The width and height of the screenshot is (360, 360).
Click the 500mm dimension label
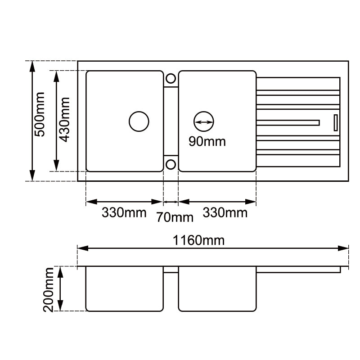tap(40, 121)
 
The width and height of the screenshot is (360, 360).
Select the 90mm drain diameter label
tap(207, 141)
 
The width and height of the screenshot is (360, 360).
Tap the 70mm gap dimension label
tap(175, 218)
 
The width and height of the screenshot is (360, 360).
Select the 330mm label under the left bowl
tap(124, 212)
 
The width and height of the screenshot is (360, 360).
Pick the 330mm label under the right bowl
tap(225, 212)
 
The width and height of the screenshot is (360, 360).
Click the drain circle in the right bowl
tap(203, 121)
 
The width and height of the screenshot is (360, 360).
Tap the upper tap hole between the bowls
tap(171, 78)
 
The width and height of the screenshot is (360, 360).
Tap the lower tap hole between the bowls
tap(171, 164)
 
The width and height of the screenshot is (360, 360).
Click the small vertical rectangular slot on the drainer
tap(335, 122)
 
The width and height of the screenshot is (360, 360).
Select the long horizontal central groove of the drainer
tap(288, 122)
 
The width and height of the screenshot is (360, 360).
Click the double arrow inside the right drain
tap(203, 122)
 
